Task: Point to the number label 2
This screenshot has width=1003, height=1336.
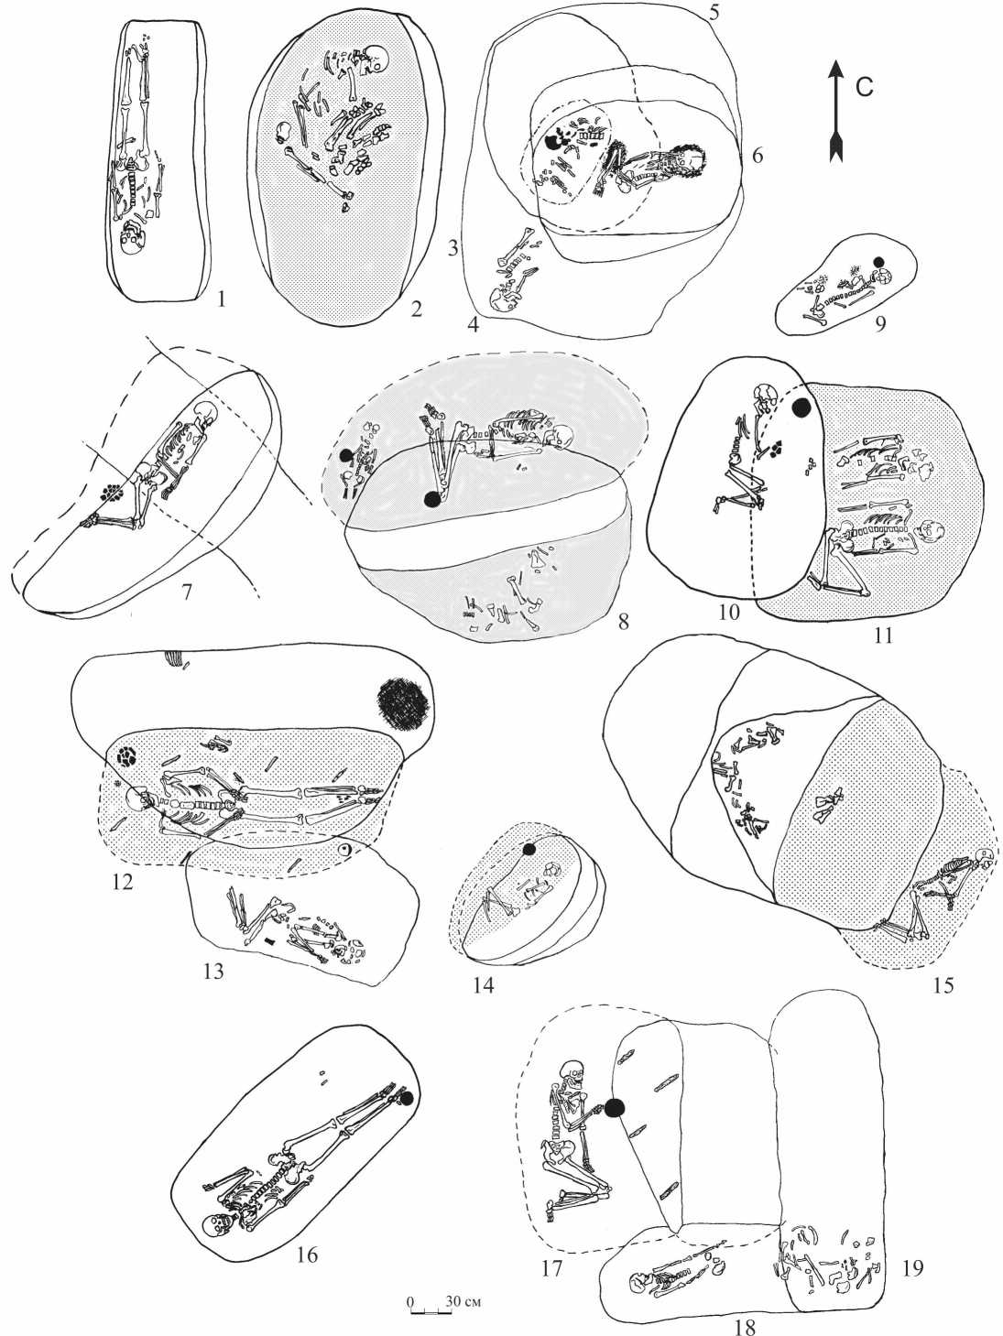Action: point(415,309)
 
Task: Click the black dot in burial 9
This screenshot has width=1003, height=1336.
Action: point(879,262)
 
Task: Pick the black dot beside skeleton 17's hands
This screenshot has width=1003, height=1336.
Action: point(614,1109)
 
